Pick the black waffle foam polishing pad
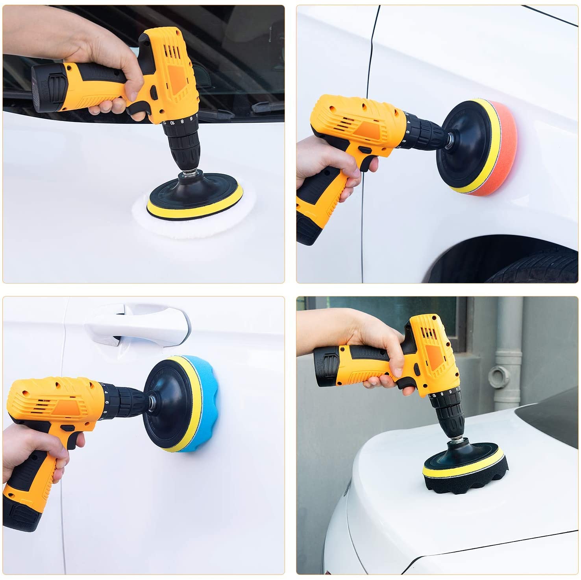coord(466,486)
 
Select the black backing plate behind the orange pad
coord(464,145)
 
